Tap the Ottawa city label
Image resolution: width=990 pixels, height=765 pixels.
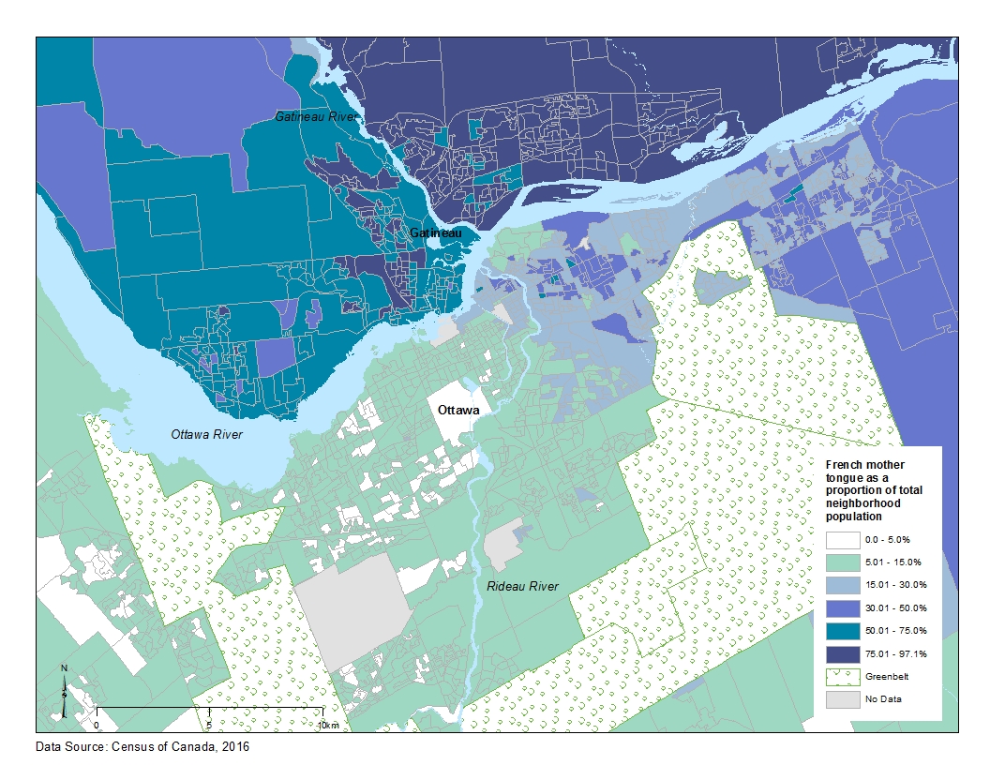(457, 411)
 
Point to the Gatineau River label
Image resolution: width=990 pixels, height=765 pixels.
(311, 116)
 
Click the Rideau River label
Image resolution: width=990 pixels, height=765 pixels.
(522, 586)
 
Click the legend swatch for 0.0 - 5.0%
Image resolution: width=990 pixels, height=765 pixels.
(844, 539)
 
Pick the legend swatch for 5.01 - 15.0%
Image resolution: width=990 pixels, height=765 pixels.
(844, 562)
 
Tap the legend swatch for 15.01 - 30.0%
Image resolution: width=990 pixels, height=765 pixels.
(844, 585)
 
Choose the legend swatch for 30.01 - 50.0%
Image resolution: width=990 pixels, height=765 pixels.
(844, 607)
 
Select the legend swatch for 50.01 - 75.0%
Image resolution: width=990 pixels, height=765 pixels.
(844, 630)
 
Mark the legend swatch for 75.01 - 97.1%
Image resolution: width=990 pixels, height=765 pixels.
(844, 652)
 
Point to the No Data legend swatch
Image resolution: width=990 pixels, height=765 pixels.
(844, 698)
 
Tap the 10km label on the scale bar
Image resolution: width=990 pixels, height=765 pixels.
(327, 726)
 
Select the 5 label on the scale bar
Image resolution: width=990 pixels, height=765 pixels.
(208, 726)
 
